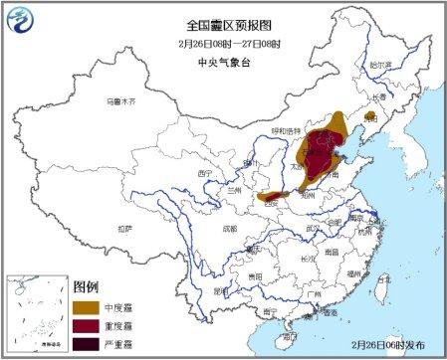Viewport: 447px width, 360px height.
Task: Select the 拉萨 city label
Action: pos(122,228)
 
